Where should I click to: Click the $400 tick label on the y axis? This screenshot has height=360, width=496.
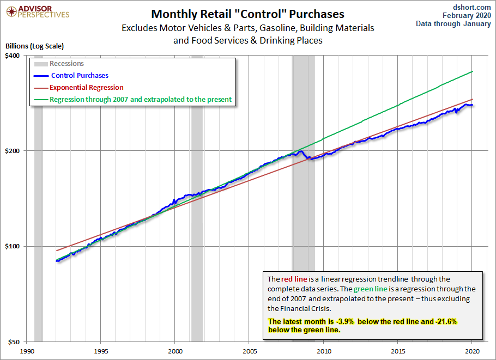[x=12, y=56]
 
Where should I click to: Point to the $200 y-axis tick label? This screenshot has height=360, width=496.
[x=12, y=151]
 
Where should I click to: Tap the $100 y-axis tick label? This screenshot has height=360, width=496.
[x=12, y=246]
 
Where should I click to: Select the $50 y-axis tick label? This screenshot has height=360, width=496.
[x=14, y=342]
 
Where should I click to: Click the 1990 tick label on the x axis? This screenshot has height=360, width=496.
[x=27, y=351]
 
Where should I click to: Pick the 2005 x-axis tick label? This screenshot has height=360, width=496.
[x=250, y=351]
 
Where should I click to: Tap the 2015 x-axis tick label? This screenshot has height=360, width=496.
[x=398, y=351]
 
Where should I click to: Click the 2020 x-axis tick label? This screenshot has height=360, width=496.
[x=473, y=351]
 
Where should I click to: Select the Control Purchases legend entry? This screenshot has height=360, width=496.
[x=80, y=76]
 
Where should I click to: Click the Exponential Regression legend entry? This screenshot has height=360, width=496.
[x=87, y=87]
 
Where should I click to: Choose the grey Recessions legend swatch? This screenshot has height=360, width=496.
[x=41, y=64]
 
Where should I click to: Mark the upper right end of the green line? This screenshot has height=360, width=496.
[x=473, y=71]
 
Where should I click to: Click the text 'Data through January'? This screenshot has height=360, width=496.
[x=454, y=23]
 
